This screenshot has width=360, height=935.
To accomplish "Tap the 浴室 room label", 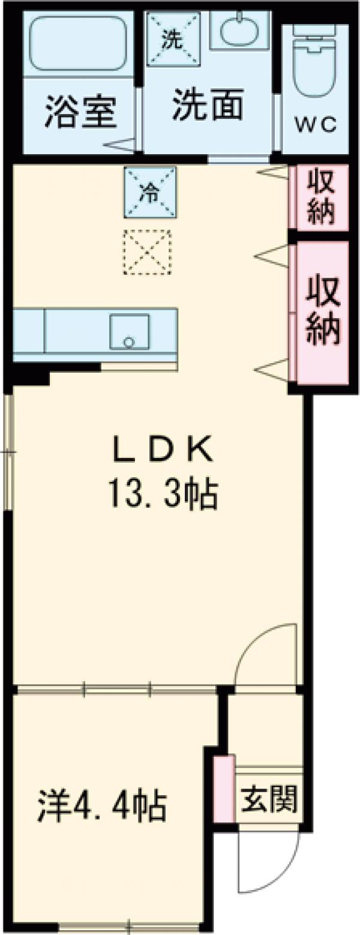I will pyautogui.click(x=80, y=113).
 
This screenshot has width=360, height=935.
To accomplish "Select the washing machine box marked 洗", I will pyautogui.click(x=172, y=39).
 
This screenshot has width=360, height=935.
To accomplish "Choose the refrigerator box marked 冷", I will pyautogui.click(x=150, y=192).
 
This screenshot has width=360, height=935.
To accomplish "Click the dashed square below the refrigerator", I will pyautogui.click(x=147, y=252).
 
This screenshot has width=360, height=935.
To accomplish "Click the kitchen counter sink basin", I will pyautogui.click(x=129, y=331).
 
